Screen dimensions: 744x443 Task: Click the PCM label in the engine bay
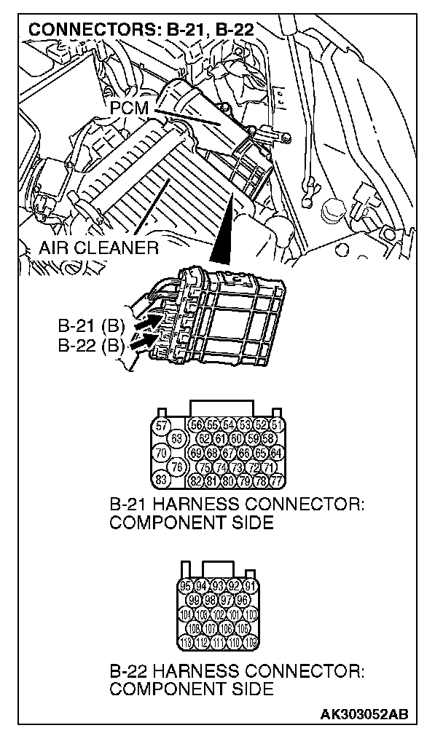131,108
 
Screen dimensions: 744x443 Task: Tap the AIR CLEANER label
100,248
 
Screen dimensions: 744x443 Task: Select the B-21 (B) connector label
88,325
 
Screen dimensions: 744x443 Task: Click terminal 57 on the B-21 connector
162,426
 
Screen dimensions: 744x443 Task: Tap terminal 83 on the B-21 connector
162,479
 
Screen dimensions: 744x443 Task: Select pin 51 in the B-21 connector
275,426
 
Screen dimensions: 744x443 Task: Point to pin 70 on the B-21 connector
162,452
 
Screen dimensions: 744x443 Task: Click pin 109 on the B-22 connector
252,641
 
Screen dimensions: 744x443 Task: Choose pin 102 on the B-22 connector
219,614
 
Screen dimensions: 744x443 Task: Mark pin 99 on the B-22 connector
195,600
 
